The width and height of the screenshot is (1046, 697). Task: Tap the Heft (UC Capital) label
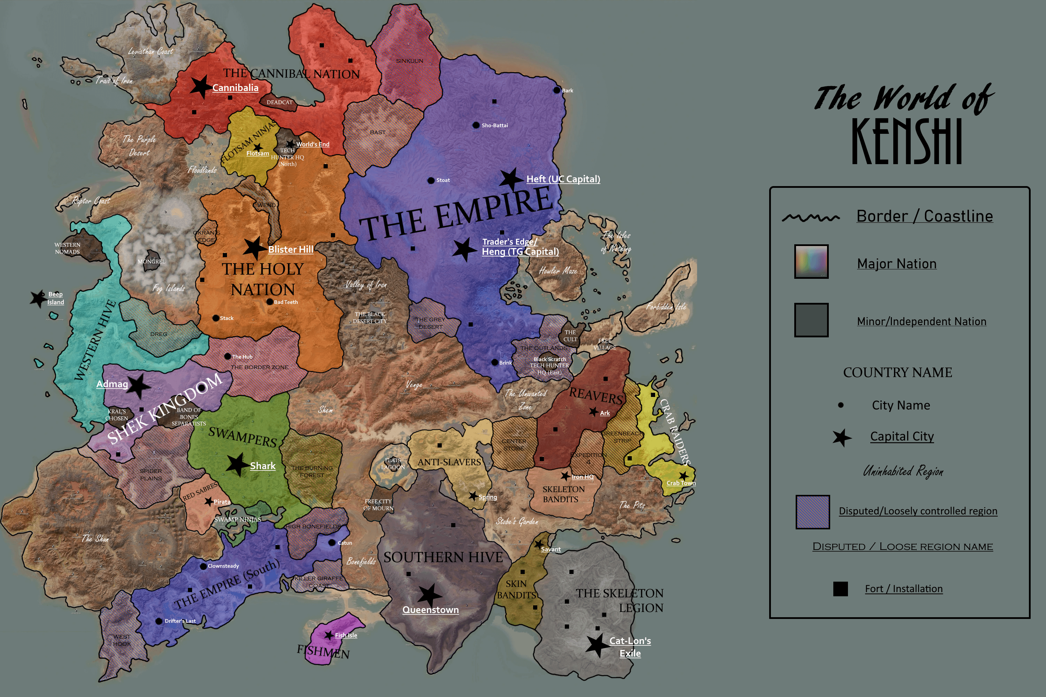563,179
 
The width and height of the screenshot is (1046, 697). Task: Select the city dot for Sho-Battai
476,125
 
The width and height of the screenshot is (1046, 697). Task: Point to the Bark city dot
556,90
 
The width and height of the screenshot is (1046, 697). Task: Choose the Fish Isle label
346,635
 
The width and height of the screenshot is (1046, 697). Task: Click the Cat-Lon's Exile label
630,647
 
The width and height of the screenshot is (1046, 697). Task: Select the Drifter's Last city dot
159,621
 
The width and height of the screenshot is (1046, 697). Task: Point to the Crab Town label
681,483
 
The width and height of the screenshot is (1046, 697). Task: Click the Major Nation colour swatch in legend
811,261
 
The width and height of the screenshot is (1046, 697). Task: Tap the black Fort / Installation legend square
840,589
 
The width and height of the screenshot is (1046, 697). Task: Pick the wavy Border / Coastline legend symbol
811,217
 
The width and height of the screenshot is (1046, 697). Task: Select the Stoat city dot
431,181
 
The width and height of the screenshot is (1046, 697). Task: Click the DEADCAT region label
279,102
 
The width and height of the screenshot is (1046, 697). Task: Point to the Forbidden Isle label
666,306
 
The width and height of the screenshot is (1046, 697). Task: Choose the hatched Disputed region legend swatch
812,512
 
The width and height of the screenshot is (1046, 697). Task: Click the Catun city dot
332,543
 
